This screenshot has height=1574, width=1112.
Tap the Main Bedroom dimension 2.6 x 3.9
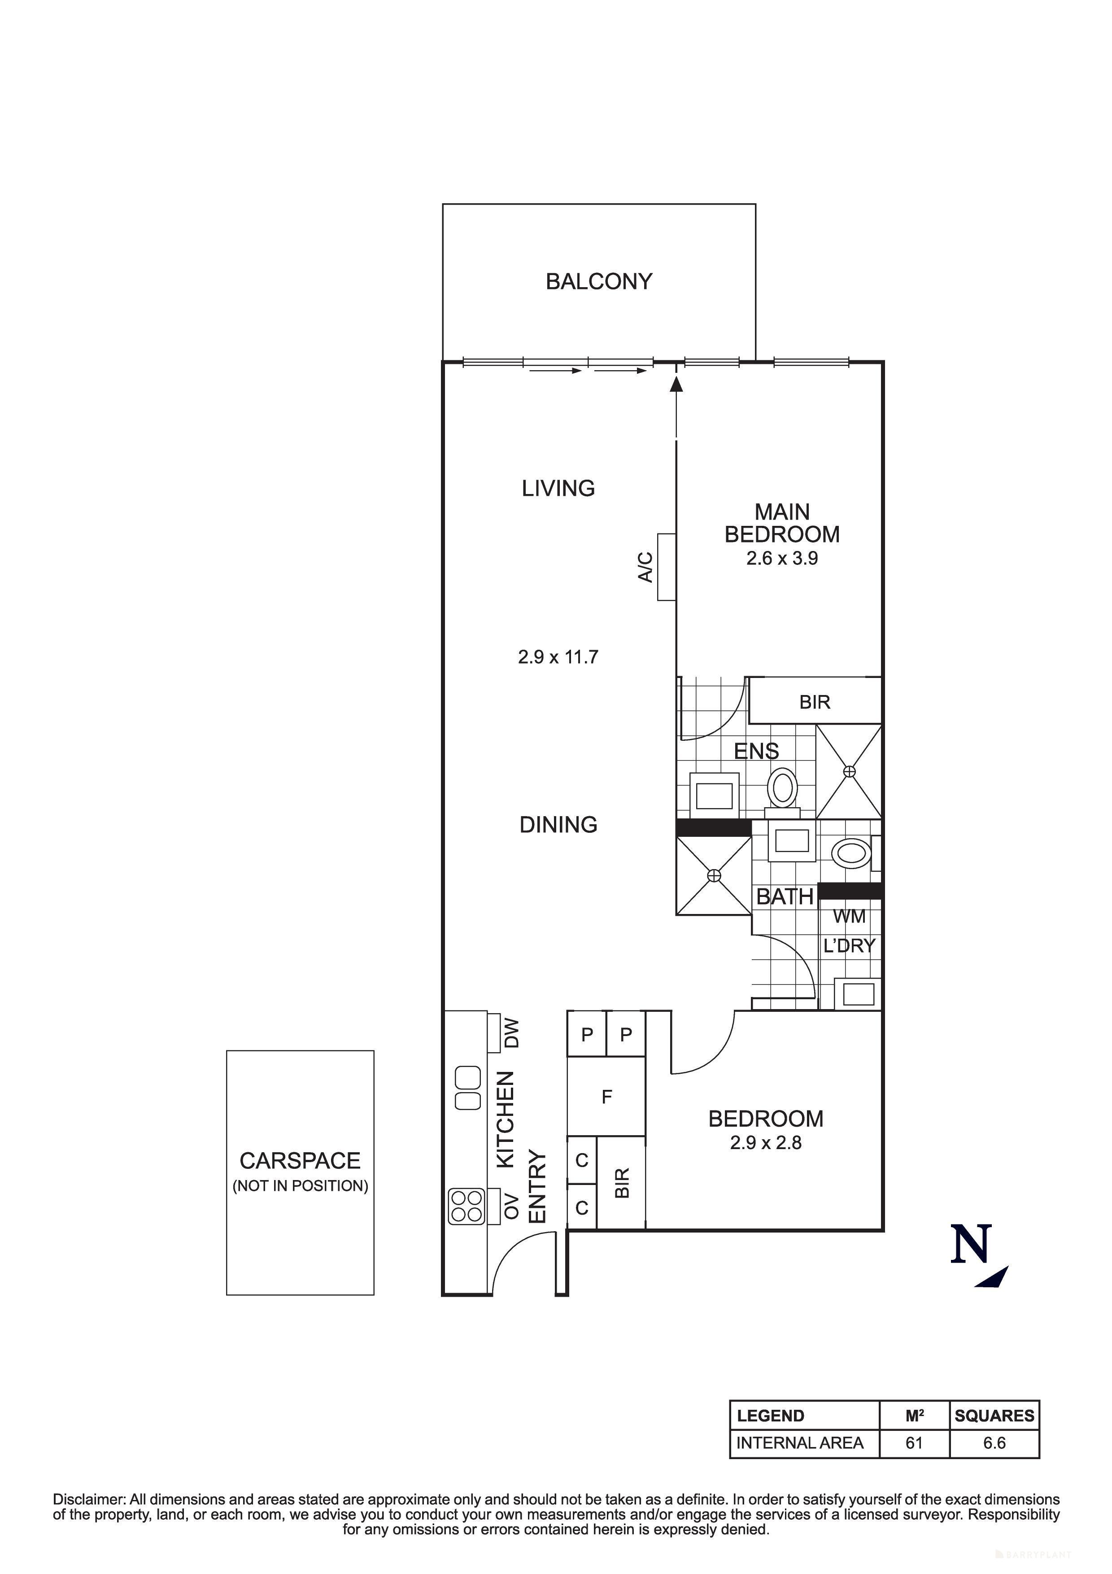click(x=782, y=558)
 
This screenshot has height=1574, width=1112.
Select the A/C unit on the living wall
click(x=666, y=567)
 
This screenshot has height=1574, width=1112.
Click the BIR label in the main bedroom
click(x=814, y=702)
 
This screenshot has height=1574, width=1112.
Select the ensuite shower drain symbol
click(x=850, y=771)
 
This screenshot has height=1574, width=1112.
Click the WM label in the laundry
click(x=849, y=917)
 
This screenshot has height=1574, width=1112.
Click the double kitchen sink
click(x=468, y=1088)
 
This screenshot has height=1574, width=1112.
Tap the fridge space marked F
click(x=606, y=1097)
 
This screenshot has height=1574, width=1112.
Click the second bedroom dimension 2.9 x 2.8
click(x=765, y=1143)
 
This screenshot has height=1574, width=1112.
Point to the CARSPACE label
click(x=300, y=1161)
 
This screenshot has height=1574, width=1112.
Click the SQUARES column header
click(x=994, y=1416)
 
